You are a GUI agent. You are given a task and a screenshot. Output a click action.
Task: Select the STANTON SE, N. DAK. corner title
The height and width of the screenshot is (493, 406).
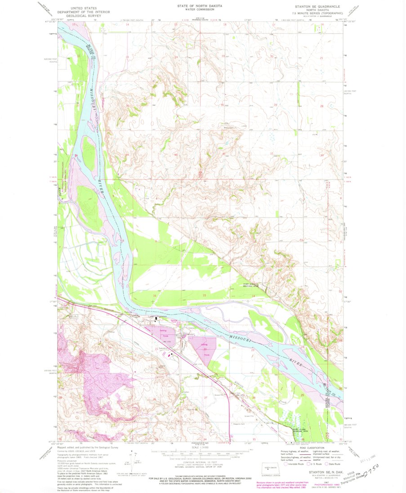click(323, 473)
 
